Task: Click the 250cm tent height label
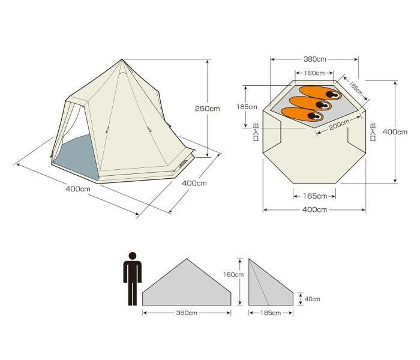208,109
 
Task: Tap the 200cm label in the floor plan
339,125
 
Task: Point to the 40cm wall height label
313,299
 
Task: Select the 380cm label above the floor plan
315,59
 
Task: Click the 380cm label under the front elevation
187,313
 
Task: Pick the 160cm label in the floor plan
314,73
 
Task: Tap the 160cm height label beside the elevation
233,275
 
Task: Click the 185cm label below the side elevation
271,313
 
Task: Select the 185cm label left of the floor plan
247,107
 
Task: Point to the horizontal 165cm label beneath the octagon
315,196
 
